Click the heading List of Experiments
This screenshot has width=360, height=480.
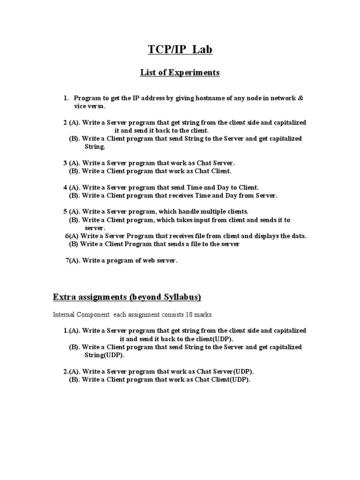click(180, 73)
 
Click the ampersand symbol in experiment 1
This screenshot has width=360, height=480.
click(300, 98)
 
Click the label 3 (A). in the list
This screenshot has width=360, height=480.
click(72, 163)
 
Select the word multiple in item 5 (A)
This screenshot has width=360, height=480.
click(206, 212)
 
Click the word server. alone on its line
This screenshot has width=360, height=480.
click(95, 228)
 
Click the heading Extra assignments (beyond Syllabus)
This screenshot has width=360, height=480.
click(127, 297)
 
